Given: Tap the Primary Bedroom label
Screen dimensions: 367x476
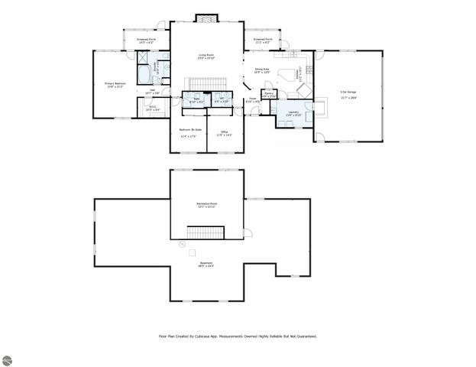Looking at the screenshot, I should pyautogui.click(x=115, y=85).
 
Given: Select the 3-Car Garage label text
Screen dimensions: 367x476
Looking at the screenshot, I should pyautogui.click(x=349, y=94).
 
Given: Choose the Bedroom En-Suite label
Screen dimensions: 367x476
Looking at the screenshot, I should pyautogui.click(x=189, y=132).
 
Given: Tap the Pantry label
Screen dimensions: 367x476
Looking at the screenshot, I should pyautogui.click(x=270, y=93).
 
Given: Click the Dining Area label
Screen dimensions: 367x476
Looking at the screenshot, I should pyautogui.click(x=261, y=70).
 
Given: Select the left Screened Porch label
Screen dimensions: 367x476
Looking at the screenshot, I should pyautogui.click(x=147, y=40).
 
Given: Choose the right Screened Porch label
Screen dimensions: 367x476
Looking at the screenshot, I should pyautogui.click(x=263, y=40).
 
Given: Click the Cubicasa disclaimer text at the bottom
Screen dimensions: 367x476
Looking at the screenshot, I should pyautogui.click(x=238, y=335).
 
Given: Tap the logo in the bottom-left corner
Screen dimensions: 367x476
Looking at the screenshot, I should pyautogui.click(x=8, y=359).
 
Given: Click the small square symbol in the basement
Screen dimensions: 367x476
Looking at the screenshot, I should pyautogui.click(x=193, y=252).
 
